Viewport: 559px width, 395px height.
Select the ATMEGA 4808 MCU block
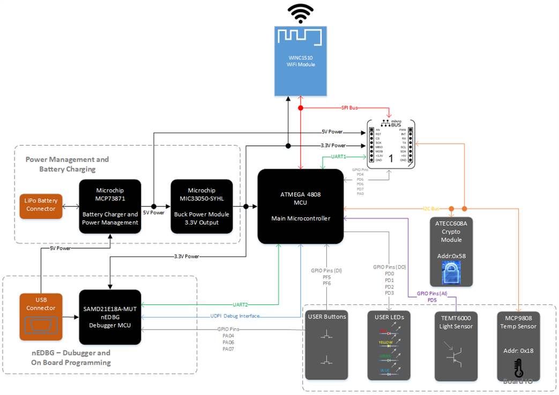pyautogui.click(x=300, y=206)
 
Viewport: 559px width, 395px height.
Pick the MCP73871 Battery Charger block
pyautogui.click(x=110, y=206)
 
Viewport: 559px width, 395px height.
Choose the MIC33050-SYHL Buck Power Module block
pyautogui.click(x=201, y=206)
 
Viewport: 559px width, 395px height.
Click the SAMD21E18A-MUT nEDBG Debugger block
pyautogui.click(x=110, y=317)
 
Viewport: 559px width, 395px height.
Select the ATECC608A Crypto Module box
pyautogui.click(x=452, y=252)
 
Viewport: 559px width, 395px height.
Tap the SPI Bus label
pyautogui.click(x=349, y=108)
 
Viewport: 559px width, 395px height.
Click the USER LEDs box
pyautogui.click(x=390, y=345)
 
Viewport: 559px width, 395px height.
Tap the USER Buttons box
pyautogui.click(x=327, y=345)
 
